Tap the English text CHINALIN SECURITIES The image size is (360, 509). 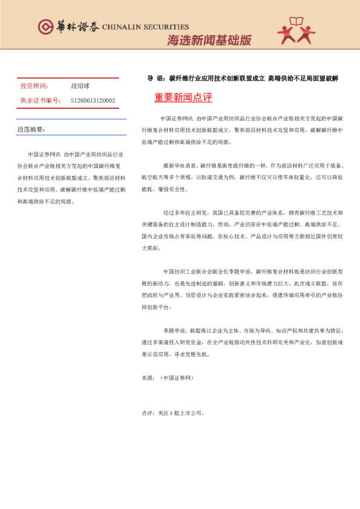145,27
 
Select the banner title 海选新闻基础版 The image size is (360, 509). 209,41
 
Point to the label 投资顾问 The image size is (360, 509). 34,87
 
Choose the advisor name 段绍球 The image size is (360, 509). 80,87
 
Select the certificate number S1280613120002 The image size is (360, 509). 93,100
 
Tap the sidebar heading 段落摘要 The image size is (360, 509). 31,130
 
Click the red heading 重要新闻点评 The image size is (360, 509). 183,97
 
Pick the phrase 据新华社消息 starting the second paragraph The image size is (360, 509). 180,165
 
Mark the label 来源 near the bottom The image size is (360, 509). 148,378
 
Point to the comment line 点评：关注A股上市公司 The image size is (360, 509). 174,413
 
